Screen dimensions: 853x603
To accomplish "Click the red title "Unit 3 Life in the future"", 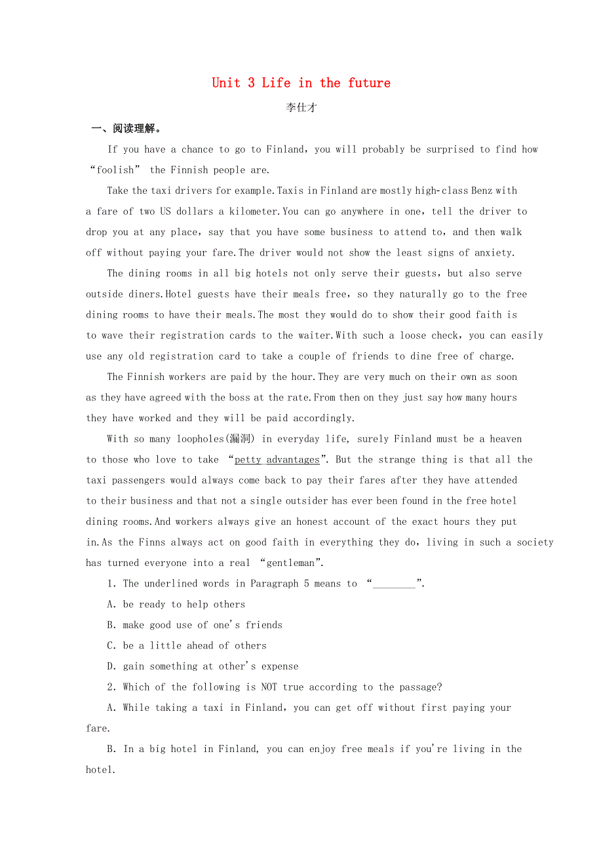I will (301, 83).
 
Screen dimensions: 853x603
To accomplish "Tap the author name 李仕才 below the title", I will (301, 108).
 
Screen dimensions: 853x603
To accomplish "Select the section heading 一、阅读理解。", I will (126, 128).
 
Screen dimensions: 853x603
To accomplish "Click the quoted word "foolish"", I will (115, 170).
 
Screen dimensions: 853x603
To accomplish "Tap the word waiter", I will (314, 335).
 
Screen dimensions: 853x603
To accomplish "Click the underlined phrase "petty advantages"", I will (277, 460).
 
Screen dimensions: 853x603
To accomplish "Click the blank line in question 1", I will (394, 584).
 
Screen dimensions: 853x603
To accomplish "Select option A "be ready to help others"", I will (176, 605).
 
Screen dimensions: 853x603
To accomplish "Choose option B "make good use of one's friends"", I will (195, 625).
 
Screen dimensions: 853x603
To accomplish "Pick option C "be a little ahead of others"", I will (187, 646).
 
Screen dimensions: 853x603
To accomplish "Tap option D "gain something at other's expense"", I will (203, 666).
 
